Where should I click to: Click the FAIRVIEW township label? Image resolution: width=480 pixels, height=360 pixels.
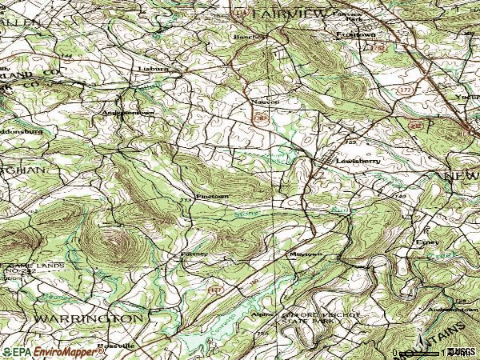point(289,14)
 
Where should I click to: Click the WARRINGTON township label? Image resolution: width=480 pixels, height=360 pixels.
point(88,318)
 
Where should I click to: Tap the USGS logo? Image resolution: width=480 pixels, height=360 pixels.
point(462,351)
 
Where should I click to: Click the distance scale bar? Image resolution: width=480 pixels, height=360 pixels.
point(420,351)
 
